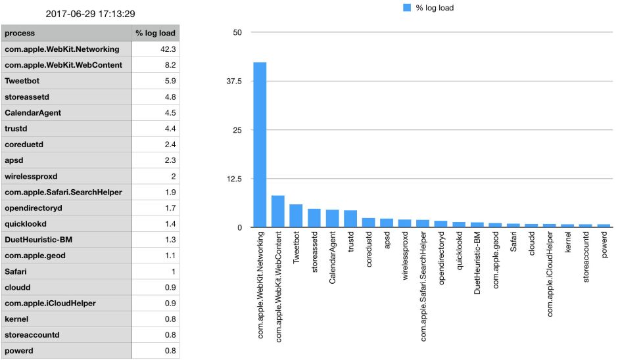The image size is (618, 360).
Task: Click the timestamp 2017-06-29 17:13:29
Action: [89, 13]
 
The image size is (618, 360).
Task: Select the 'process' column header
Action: [20, 33]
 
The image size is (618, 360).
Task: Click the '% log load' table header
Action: [155, 33]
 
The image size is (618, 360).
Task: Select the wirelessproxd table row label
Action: [31, 176]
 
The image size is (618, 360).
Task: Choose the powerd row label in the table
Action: [20, 351]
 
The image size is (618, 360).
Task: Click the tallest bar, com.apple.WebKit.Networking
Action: [260, 145]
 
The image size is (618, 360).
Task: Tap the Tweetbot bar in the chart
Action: [296, 216]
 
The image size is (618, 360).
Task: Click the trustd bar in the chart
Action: [350, 219]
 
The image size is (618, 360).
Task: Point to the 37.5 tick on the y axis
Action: [234, 81]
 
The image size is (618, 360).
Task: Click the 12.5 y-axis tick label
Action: [234, 179]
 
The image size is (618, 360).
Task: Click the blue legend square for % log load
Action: [406, 8]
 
